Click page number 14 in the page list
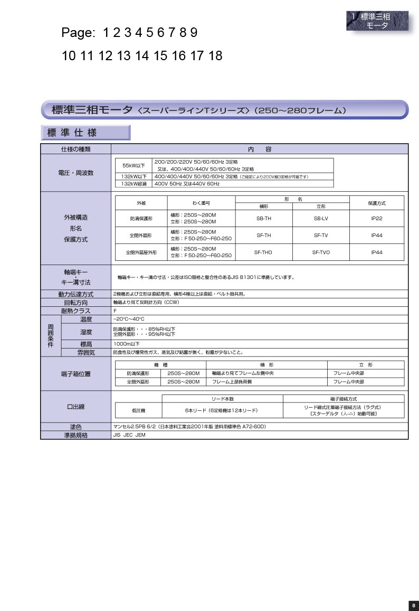[142, 56]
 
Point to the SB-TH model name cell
[263, 218]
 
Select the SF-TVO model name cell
[321, 252]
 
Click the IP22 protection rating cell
[377, 218]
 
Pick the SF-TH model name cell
[263, 235]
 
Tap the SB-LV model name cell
[321, 218]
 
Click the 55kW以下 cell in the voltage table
[134, 165]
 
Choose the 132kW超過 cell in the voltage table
[134, 184]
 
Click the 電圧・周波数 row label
[75, 173]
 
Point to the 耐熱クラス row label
[75, 311]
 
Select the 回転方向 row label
[75, 303]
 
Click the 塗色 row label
[75, 427]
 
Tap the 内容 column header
[259, 149]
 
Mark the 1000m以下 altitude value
[127, 344]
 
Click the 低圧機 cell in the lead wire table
[138, 410]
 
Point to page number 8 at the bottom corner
[413, 605]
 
